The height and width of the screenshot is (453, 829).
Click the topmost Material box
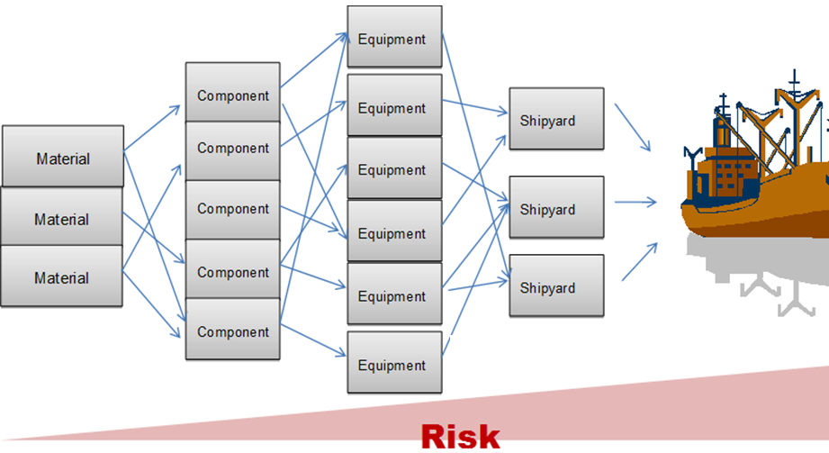pyautogui.click(x=63, y=156)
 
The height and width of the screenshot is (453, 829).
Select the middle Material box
pyautogui.click(x=62, y=216)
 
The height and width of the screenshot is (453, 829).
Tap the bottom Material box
pyautogui.click(x=62, y=276)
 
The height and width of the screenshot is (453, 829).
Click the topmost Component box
pyautogui.click(x=232, y=92)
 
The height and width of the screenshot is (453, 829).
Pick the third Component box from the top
pyautogui.click(x=232, y=210)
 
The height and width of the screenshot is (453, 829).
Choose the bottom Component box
pyautogui.click(x=232, y=329)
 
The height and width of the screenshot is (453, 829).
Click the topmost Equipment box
pyautogui.click(x=394, y=37)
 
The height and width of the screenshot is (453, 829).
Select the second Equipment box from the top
pyautogui.click(x=394, y=104)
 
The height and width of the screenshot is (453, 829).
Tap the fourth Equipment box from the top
pyautogui.click(x=394, y=231)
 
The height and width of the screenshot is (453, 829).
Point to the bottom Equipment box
pyautogui.click(x=394, y=363)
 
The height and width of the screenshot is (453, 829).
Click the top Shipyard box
pyautogui.click(x=556, y=119)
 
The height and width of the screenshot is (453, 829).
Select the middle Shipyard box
pyautogui.click(x=556, y=207)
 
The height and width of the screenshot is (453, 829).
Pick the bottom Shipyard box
pyautogui.click(x=556, y=285)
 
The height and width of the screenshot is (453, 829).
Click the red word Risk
pyautogui.click(x=461, y=437)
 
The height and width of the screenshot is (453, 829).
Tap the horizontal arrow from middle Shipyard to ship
pyautogui.click(x=635, y=202)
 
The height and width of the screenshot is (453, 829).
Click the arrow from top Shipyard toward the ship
pyautogui.click(x=632, y=128)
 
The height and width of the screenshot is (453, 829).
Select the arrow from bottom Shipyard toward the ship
pyautogui.click(x=640, y=261)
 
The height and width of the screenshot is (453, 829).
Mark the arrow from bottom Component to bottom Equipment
pyautogui.click(x=313, y=340)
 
